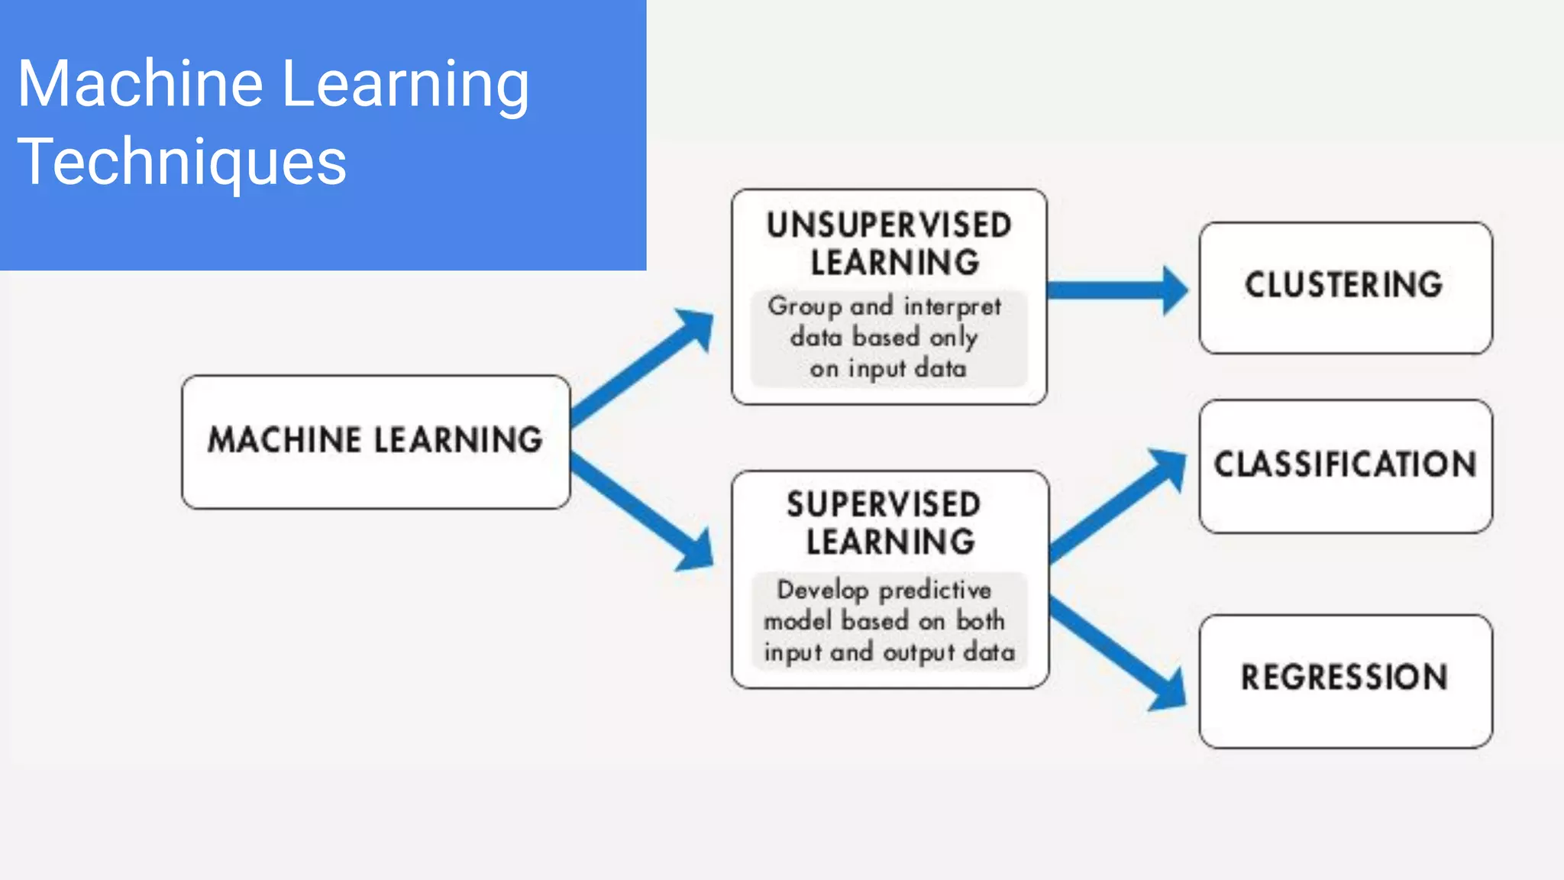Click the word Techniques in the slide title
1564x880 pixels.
pos(182,162)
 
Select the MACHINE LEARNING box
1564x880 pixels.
pos(376,442)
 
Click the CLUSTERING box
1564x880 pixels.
pos(1345,287)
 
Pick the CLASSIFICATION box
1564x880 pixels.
pos(1345,466)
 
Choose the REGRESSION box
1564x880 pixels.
pos(1345,680)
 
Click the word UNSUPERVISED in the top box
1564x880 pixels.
pos(889,226)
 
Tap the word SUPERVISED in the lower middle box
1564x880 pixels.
pos(884,505)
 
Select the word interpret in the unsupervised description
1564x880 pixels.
pos(952,307)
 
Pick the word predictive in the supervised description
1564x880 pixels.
pos(935,590)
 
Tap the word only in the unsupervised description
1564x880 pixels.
pos(953,338)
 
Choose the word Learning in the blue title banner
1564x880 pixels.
pos(406,84)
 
